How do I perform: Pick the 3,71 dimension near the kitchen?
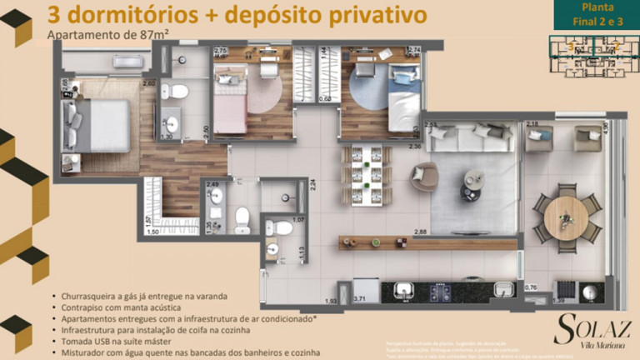(x=359, y=297)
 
